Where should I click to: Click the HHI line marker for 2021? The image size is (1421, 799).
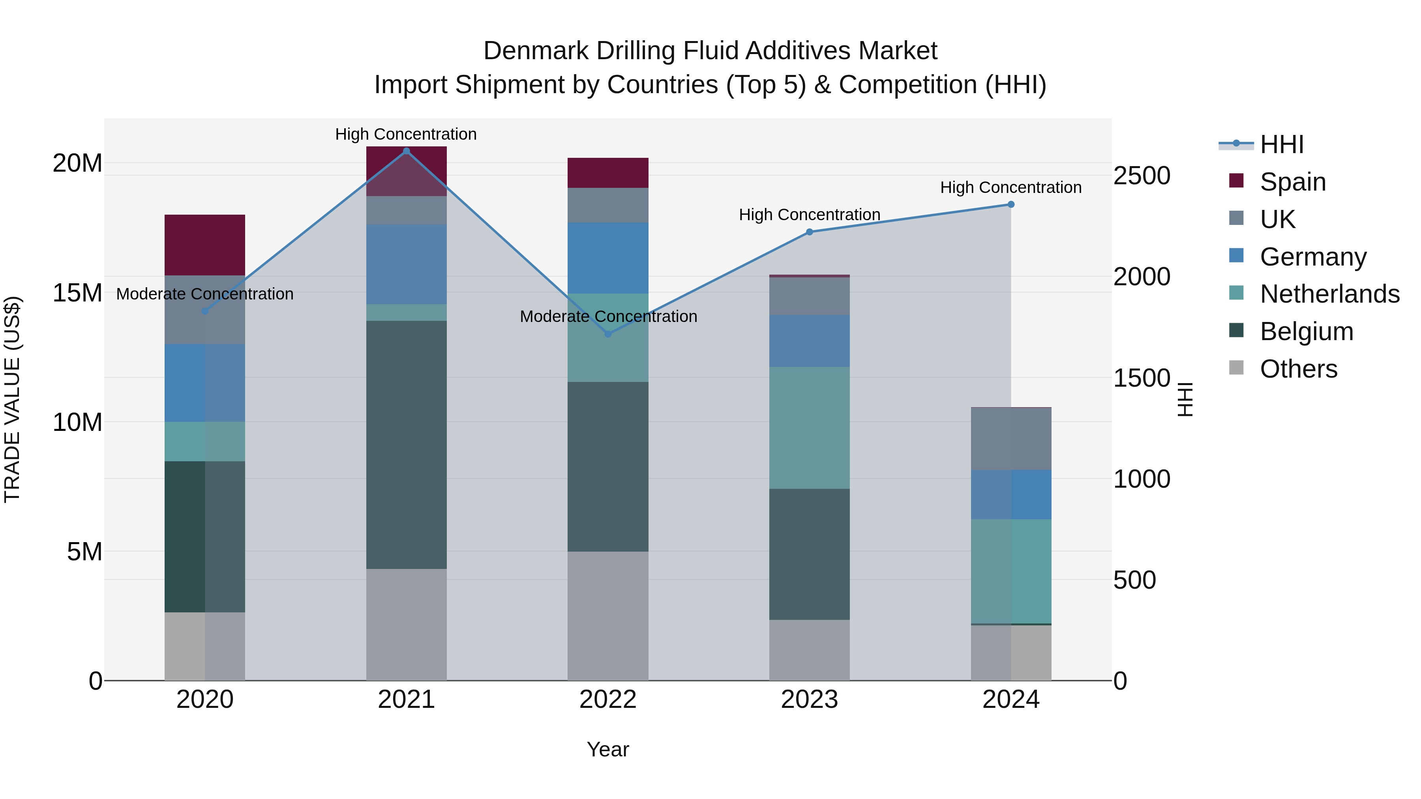[407, 151]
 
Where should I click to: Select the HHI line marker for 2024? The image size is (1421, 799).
[1010, 204]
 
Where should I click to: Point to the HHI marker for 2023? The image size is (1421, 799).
[809, 232]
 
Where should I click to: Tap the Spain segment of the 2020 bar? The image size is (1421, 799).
[204, 245]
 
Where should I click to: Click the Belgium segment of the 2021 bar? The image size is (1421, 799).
[407, 444]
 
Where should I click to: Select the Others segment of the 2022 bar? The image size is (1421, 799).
[608, 616]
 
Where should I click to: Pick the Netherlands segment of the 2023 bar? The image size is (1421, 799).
[809, 428]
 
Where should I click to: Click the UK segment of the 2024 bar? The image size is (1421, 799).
[1010, 439]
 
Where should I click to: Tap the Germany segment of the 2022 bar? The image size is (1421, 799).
[608, 258]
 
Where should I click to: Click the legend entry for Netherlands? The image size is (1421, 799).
[1329, 294]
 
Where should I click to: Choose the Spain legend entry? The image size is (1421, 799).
[1292, 182]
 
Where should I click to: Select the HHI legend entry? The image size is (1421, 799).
[1281, 144]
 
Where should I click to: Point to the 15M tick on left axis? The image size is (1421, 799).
[77, 293]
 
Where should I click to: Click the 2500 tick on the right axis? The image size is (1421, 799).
[1141, 176]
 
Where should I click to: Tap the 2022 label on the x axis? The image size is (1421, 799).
[608, 700]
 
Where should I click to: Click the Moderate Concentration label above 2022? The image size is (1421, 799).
[608, 316]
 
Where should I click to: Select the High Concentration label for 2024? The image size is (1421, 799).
[1010, 187]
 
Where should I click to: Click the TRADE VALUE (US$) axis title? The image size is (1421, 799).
[12, 399]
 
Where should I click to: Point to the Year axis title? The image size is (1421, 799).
[608, 749]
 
